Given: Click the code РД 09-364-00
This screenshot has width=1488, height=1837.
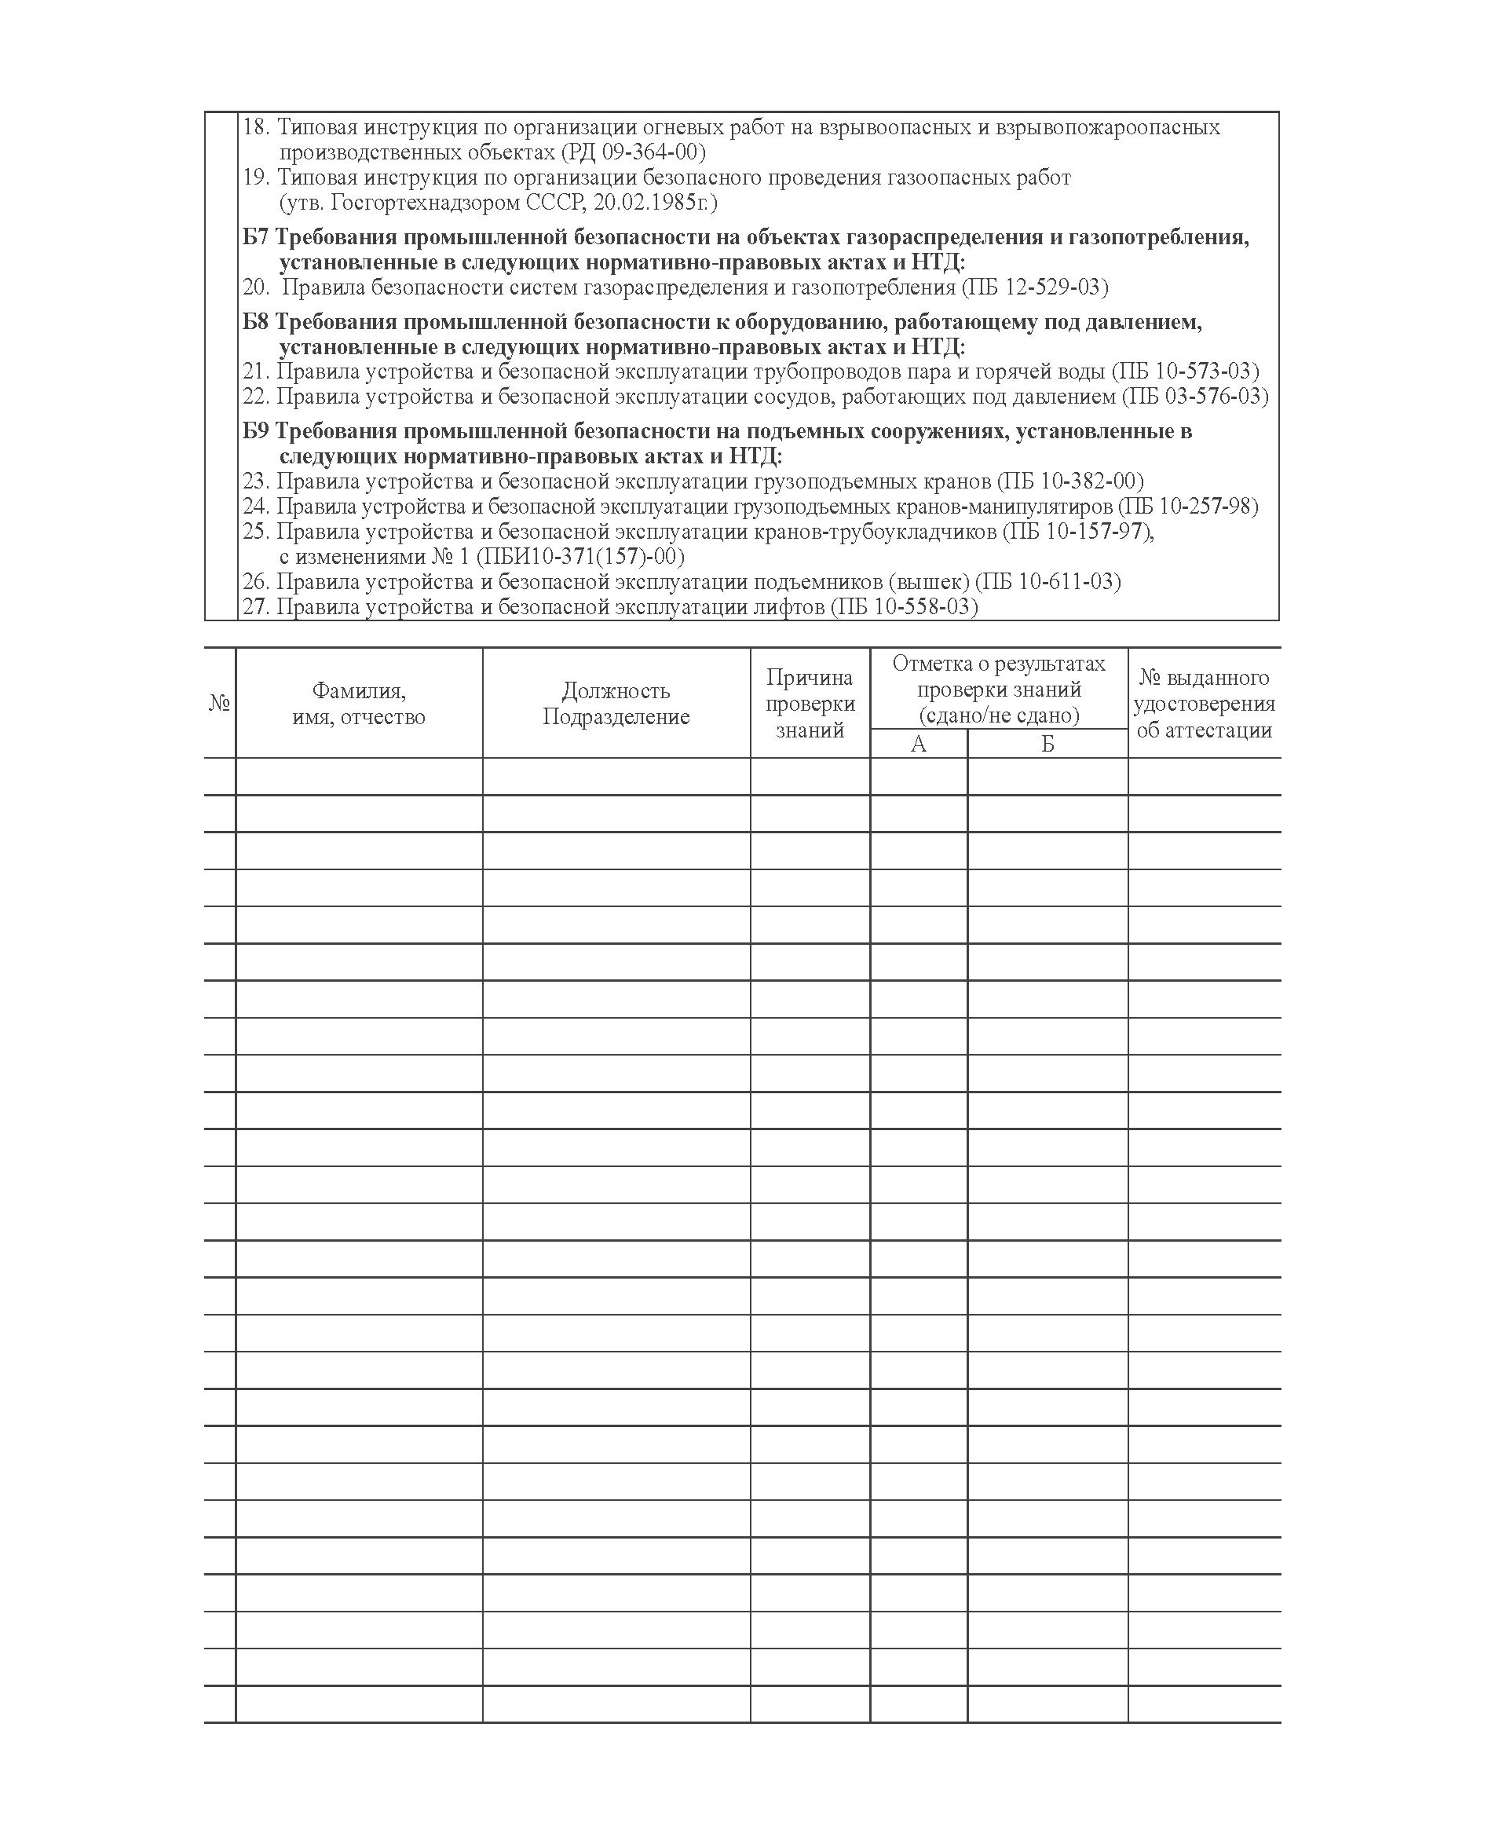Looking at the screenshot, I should [634, 152].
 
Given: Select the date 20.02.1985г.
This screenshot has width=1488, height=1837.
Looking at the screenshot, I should [655, 203].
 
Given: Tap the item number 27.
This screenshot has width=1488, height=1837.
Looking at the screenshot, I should [255, 607].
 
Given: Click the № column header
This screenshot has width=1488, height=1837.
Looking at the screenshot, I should [219, 704].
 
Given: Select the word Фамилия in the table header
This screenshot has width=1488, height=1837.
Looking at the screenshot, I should [358, 691].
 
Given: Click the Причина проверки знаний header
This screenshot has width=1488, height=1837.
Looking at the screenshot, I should [810, 704].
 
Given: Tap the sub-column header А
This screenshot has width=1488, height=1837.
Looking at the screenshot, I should [918, 744].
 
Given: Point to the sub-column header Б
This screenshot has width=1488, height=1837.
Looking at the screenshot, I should [1047, 744].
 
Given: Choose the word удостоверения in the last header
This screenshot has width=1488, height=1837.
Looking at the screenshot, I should [1205, 704].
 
